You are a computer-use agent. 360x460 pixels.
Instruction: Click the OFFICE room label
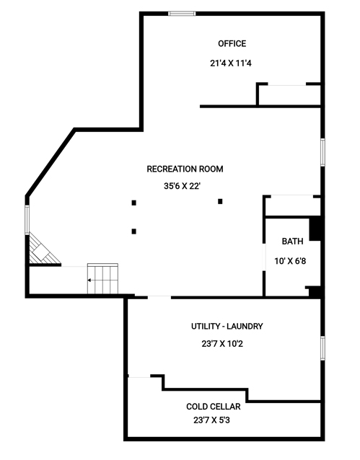232,44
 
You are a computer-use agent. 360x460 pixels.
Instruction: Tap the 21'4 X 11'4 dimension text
231,63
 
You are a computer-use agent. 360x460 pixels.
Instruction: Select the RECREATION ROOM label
185,169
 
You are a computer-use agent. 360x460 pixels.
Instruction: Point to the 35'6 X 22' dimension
182,186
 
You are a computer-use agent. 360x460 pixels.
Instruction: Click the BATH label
292,242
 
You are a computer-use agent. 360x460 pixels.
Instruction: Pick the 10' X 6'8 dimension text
290,261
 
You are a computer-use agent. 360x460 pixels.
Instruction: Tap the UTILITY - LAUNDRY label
227,326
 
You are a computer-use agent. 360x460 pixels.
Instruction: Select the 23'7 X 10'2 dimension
222,343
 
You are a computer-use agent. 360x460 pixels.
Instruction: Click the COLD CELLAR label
214,407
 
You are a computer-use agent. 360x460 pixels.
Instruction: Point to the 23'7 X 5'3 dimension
211,420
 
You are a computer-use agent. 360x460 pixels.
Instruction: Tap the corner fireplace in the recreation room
43,249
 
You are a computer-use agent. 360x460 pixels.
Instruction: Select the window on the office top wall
182,14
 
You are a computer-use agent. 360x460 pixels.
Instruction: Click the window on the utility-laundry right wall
322,348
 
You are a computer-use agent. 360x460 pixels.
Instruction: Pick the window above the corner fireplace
27,219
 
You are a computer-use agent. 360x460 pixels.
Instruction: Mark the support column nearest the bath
220,201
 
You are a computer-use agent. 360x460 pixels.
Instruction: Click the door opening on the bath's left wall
263,257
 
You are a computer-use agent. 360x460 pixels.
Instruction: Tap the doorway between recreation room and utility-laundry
159,298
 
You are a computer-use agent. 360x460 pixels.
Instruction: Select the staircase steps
102,279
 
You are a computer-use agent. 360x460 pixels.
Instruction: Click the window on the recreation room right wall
322,153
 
